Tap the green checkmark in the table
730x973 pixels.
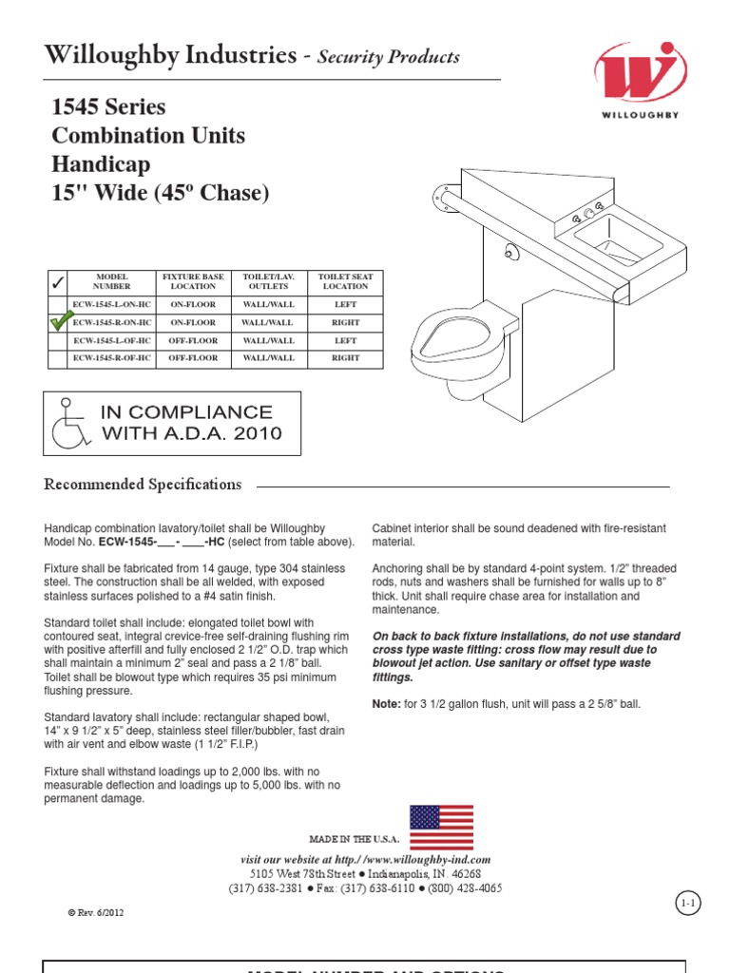coord(57,322)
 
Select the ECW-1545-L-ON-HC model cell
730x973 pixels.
coord(111,305)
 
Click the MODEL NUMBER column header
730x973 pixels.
coord(111,281)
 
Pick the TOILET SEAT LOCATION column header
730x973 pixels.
coord(345,281)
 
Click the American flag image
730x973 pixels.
coord(441,827)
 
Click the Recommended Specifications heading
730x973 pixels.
coord(143,485)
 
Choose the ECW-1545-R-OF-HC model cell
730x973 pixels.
coord(111,358)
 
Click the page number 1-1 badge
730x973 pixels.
coord(688,904)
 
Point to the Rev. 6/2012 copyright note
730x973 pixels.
coord(95,912)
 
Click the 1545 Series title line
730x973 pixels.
coord(108,106)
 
